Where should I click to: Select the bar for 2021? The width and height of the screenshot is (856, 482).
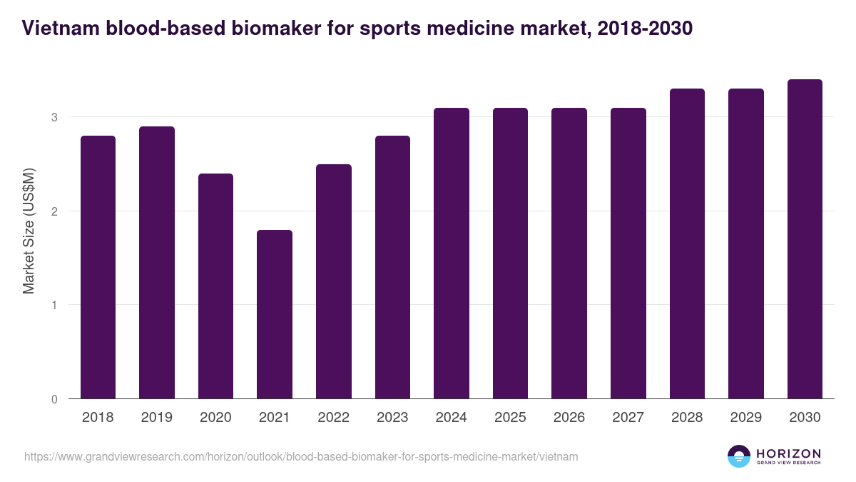[275, 314]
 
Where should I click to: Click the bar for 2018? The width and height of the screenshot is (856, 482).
[98, 267]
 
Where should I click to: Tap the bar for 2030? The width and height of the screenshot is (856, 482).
[805, 239]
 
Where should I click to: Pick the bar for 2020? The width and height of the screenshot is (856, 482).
[215, 286]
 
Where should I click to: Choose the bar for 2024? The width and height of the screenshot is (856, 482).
[452, 253]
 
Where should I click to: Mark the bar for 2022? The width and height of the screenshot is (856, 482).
[334, 281]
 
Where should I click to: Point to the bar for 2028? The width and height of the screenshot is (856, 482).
[687, 243]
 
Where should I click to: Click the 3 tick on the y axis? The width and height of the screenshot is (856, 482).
[53, 117]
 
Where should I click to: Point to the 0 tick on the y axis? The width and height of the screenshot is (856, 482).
[53, 399]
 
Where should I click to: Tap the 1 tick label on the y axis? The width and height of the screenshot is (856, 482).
[53, 305]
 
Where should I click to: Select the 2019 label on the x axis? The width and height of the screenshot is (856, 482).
[157, 418]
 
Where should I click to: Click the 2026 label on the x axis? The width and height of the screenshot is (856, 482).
[569, 418]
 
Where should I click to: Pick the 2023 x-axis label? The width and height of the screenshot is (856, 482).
[392, 418]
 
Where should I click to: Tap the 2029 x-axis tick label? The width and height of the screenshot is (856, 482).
[746, 418]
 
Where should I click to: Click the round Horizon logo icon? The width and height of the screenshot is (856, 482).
[739, 456]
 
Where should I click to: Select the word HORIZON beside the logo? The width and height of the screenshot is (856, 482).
[788, 453]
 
